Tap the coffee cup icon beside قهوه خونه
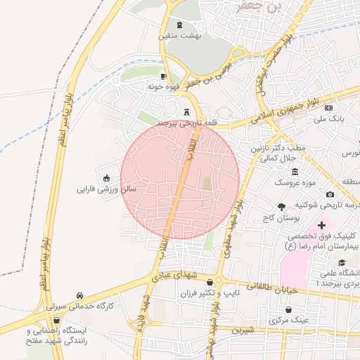(x=163, y=76)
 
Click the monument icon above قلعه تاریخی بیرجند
(x=186, y=111)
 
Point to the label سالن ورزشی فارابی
(x=106, y=189)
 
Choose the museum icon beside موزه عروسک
(x=294, y=172)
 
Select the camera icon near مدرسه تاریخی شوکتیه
(x=329, y=194)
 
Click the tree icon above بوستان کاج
(x=282, y=207)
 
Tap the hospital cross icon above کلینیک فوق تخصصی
(x=321, y=226)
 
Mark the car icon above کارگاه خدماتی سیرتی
(x=80, y=295)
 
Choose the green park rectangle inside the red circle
(x=207, y=184)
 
